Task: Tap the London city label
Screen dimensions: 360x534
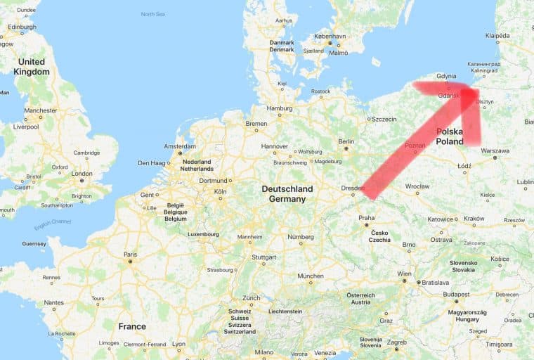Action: coord(82,173)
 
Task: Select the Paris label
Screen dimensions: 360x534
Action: coord(130,255)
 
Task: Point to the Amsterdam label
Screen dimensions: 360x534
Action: coord(179,146)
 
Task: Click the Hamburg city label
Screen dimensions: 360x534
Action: coord(279,108)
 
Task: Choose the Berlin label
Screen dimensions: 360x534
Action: coord(346,141)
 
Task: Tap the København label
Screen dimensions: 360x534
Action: coord(330,35)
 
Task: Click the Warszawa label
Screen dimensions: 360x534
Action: coord(495,150)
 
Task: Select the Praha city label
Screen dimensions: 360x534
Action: coord(366,218)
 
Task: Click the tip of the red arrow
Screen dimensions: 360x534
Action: coord(471,89)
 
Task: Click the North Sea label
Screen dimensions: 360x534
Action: coord(152,14)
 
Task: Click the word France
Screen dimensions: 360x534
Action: coord(132,326)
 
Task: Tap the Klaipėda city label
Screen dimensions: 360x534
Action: coord(497,34)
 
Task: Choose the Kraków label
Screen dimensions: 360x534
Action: coord(474,219)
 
